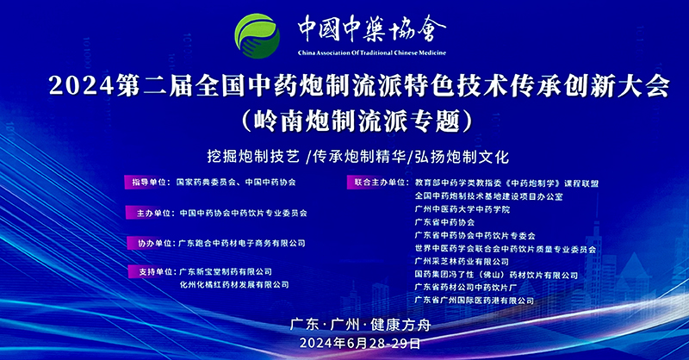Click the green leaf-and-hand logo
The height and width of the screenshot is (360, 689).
tap(257, 36)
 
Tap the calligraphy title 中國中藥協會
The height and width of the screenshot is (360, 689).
tap(372, 28)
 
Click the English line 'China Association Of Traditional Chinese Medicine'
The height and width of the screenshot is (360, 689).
tap(372, 53)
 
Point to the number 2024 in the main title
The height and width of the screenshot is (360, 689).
tap(81, 85)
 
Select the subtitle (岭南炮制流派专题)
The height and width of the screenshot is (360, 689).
tap(357, 121)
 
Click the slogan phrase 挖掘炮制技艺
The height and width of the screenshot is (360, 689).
tap(253, 157)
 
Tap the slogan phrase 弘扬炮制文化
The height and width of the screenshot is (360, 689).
tap(462, 157)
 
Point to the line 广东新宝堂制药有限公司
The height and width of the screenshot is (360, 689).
tap(226, 272)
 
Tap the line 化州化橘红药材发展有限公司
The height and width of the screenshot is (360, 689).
tap(234, 285)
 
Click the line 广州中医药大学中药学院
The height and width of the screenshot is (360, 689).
tap(462, 209)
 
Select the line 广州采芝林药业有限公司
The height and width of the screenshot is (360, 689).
tap(462, 262)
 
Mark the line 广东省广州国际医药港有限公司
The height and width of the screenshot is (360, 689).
tap(475, 301)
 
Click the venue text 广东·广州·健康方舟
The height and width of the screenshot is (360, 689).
tap(360, 325)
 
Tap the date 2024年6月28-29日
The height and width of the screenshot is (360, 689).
tap(360, 343)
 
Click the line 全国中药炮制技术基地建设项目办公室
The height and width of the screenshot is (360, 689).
tap(488, 196)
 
